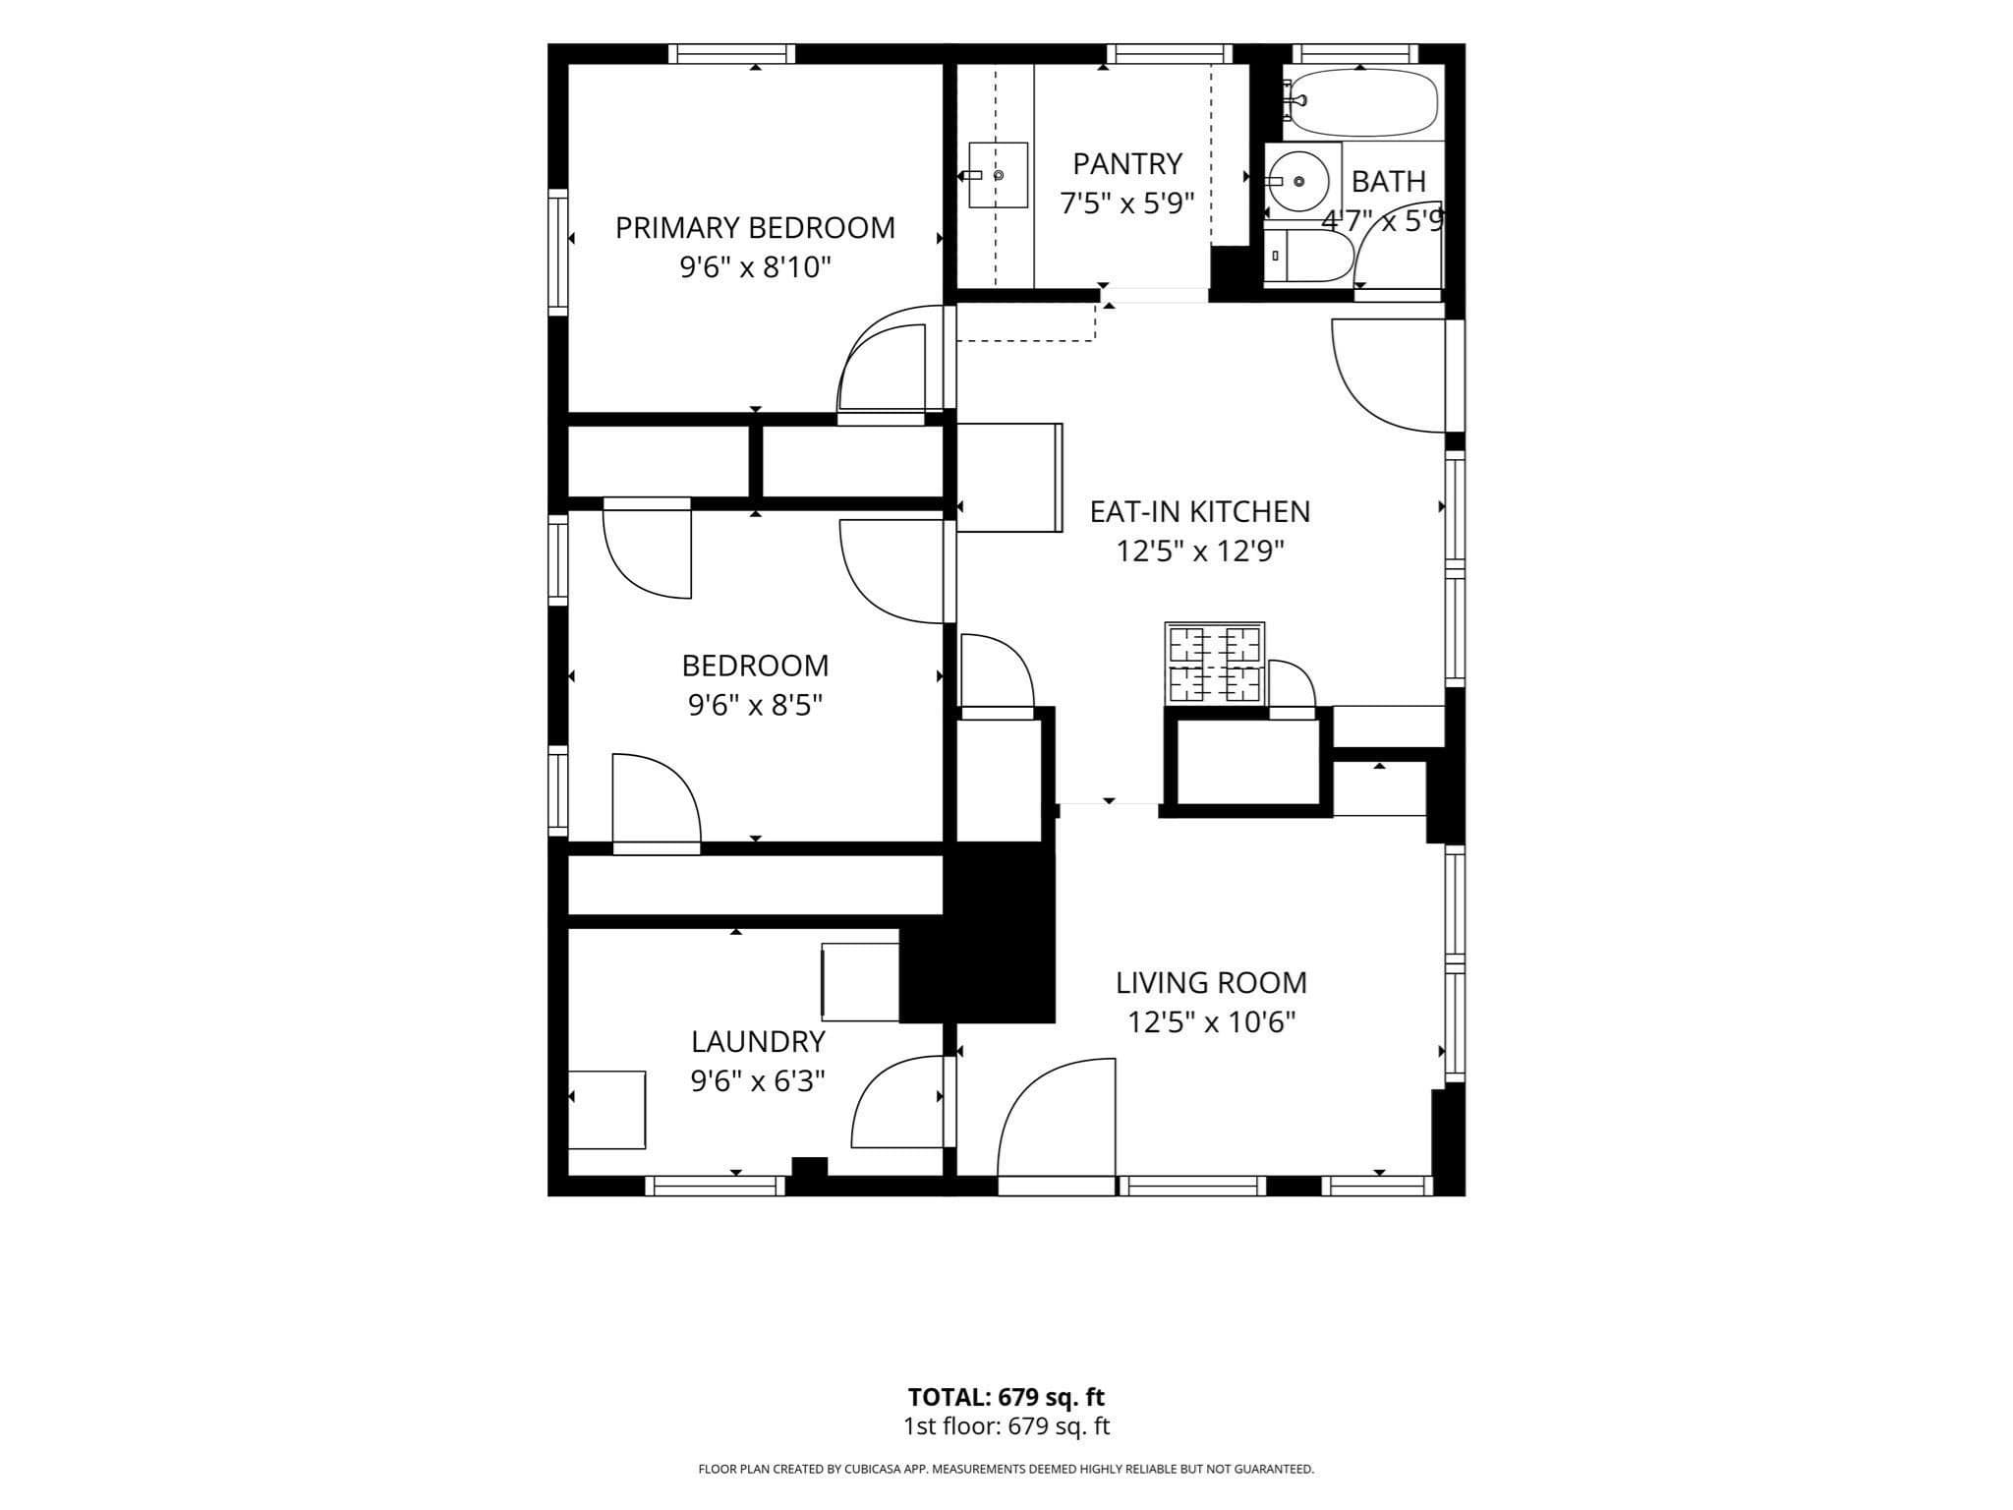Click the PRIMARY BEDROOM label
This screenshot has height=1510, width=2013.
pos(755,228)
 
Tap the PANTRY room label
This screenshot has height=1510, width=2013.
pos(1127,163)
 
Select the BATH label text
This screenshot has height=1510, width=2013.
pos(1389,181)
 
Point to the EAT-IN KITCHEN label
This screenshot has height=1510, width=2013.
pos(1200,512)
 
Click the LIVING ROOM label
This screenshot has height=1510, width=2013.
pos(1211,983)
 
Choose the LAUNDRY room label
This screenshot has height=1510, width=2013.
pos(758,1042)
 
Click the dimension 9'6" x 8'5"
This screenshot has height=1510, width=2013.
pos(755,705)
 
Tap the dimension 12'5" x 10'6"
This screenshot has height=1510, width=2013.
pos(1211,1022)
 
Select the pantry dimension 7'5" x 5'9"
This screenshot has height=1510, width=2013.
pos(1127,203)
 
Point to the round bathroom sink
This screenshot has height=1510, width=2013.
pos(1298,181)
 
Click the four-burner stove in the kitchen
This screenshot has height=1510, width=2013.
pos(1215,664)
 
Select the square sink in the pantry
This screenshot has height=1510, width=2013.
pos(998,175)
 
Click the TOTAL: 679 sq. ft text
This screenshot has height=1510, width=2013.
pos(1006,1397)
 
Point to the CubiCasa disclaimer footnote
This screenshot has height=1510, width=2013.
pos(1006,1470)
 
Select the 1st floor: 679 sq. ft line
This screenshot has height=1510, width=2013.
pos(1006,1426)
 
